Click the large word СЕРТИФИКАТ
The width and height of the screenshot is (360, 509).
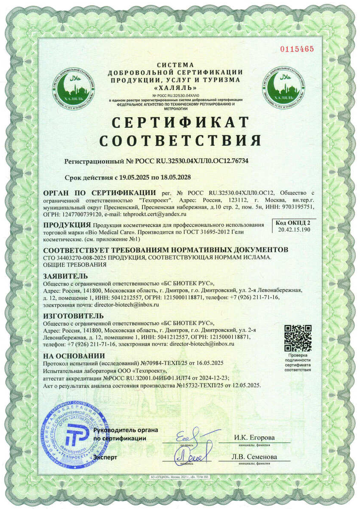180,122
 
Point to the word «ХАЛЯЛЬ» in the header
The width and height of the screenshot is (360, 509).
175,87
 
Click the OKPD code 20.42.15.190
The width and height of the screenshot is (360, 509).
291,230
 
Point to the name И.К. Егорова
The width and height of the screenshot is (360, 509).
254,438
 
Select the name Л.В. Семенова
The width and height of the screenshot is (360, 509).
254,457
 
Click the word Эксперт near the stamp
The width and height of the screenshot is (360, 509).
105,458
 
